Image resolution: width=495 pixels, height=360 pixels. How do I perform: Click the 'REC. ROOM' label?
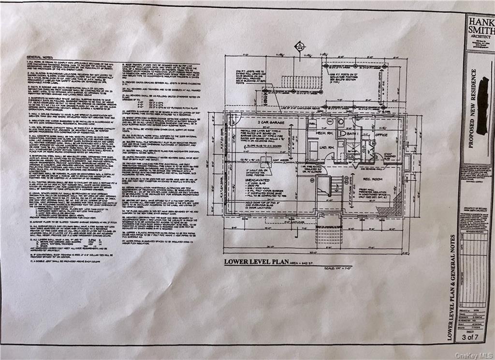370,178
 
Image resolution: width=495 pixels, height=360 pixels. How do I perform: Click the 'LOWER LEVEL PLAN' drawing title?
252,262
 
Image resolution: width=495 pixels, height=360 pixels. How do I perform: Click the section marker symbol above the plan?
299,46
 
